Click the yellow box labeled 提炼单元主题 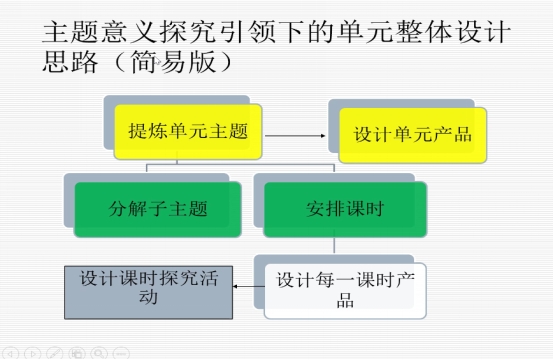[188, 131]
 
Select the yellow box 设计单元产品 [413, 135]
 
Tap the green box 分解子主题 [158, 209]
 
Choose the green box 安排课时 [345, 209]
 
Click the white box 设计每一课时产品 [345, 291]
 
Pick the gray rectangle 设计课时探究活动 [148, 293]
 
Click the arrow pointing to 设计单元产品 [295, 136]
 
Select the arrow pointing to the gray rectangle [249, 287]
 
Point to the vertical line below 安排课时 [334, 245]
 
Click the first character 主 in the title [56, 32]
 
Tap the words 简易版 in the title [173, 62]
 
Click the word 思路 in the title [70, 62]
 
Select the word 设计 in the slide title [484, 32]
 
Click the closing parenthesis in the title [226, 62]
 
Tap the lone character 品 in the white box [345, 300]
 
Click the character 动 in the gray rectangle [148, 297]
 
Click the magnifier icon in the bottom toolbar [99, 353]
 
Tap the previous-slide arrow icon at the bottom [10, 353]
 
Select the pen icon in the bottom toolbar [55, 353]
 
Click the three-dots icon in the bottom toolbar [121, 353]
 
